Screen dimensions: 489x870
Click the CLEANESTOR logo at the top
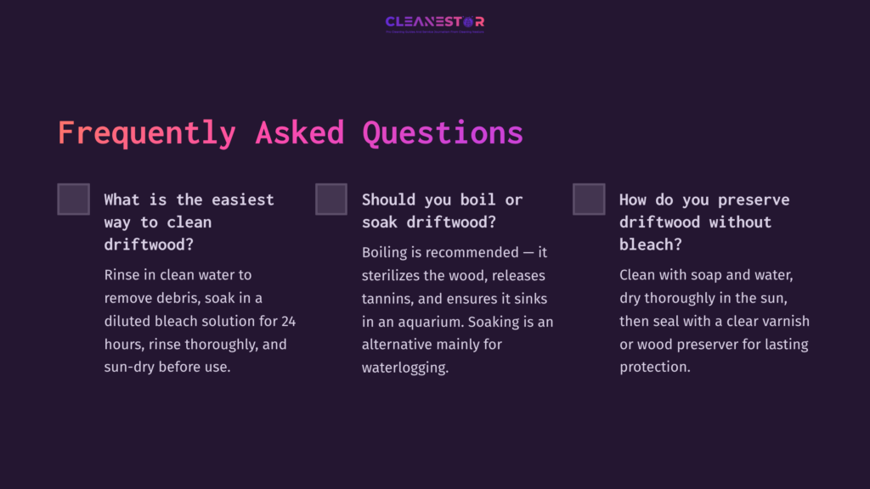point(434,22)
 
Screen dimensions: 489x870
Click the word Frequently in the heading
point(146,133)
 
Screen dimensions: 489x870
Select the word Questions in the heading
point(443,133)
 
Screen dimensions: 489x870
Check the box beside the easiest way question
point(74,200)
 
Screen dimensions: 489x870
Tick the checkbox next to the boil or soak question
point(331,200)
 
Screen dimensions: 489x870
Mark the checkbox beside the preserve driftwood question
point(589,200)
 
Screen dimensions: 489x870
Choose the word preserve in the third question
point(754,200)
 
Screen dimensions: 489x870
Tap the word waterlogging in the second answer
point(404,368)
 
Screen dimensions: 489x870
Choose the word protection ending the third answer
point(654,368)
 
